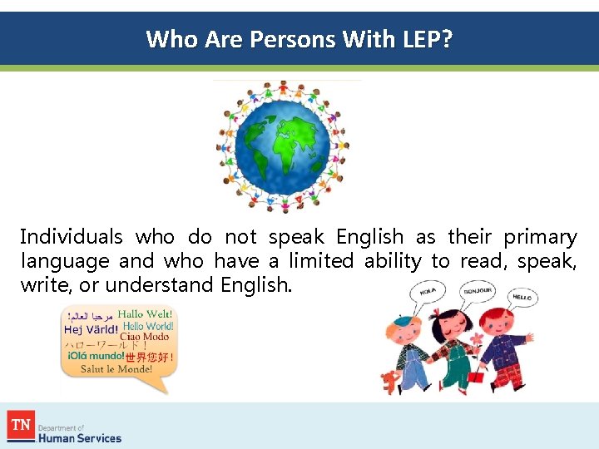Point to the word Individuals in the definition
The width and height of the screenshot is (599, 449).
(71, 238)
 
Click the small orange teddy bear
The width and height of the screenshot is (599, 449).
(390, 382)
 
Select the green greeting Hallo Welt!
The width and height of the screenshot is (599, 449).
(146, 314)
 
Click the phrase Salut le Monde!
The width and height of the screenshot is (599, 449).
(116, 369)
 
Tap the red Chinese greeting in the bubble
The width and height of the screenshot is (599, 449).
(150, 357)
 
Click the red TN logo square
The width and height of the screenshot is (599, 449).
(21, 426)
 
